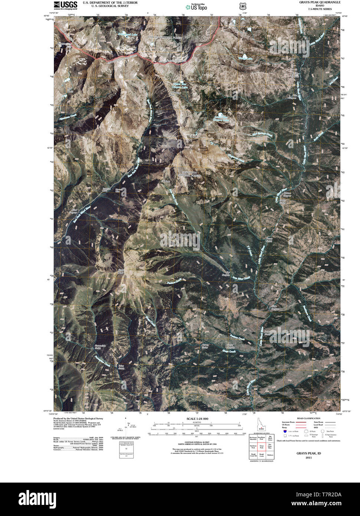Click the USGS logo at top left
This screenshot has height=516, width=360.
pos(66,5)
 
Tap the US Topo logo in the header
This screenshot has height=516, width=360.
pos(197,7)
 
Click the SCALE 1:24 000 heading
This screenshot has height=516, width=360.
pos(197,419)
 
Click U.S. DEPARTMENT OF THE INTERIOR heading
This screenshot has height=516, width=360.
pos(110,2)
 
